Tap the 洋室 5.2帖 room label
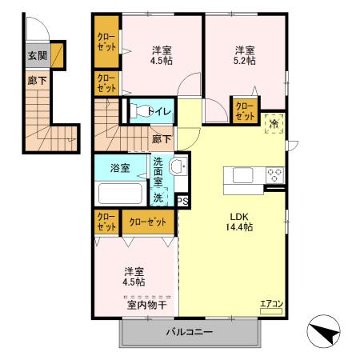pos(245,54)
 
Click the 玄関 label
pos(36,56)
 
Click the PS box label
pos(183,201)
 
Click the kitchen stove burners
pos(274,174)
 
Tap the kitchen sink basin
pos(242,174)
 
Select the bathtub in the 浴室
pos(120,194)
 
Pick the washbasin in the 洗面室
pos(179,166)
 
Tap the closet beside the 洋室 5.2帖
pos(244,110)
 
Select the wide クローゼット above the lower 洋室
pos(148,222)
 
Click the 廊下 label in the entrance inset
pos(35,81)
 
